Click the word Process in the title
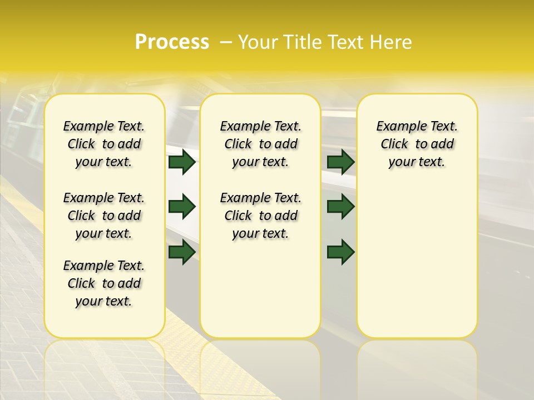[172, 42]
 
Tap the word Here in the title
[392, 42]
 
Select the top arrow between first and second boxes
[182, 162]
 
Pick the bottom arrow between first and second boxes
[182, 252]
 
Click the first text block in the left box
[104, 144]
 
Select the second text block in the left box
[104, 216]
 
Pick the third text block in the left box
[104, 283]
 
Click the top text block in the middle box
[260, 144]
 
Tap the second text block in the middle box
[260, 216]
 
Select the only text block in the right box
[417, 144]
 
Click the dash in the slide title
[226, 42]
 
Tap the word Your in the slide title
[258, 42]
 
